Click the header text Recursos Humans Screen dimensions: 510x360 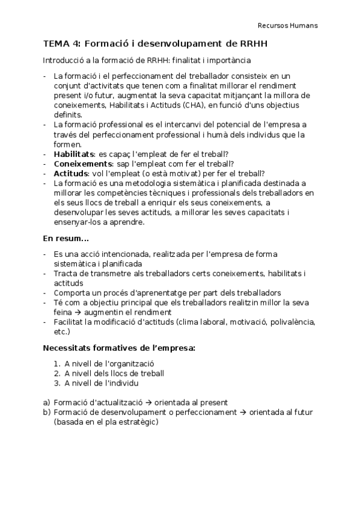click(288, 26)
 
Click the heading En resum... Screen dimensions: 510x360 click(66, 238)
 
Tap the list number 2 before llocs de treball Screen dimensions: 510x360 click(56, 373)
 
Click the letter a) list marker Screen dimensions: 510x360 click(46, 402)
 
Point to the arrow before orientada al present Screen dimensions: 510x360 click(148, 402)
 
